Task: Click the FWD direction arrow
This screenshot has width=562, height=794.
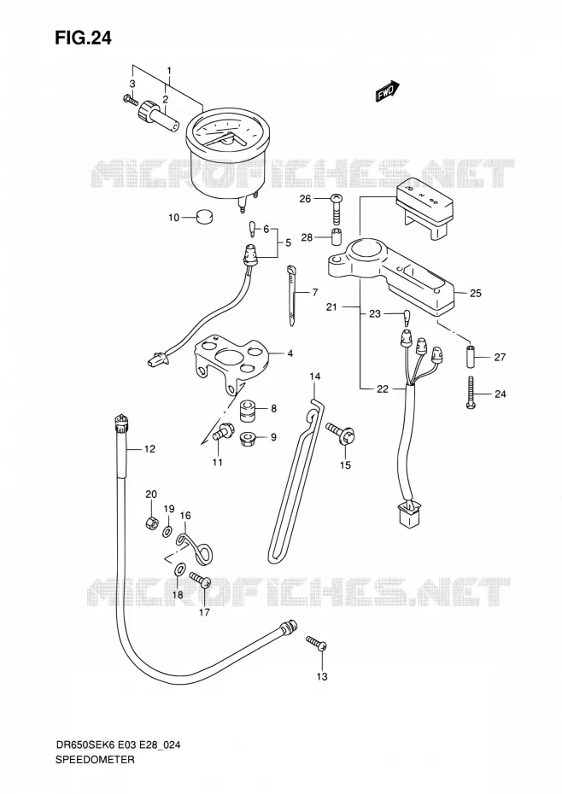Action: (x=388, y=91)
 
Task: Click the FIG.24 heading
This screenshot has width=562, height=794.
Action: (x=83, y=38)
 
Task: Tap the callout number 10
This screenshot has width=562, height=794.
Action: (x=174, y=218)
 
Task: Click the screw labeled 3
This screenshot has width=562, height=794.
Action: (x=130, y=100)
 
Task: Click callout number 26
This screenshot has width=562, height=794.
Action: (x=305, y=199)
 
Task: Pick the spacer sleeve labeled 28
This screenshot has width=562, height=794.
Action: (x=336, y=237)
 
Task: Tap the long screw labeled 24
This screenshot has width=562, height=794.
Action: (x=471, y=394)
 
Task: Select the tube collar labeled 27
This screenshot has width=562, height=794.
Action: (x=471, y=357)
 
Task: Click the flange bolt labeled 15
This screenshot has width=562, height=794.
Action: (x=340, y=434)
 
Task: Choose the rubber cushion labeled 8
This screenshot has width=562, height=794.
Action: (x=249, y=409)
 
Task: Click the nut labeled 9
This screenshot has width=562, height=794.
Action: (x=249, y=436)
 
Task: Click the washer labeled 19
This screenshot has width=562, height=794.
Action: (x=167, y=532)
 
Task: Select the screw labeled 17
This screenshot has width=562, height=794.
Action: (x=201, y=580)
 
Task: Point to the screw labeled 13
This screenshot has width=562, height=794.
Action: (x=316, y=643)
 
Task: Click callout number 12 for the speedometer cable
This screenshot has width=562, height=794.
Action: (x=149, y=448)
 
